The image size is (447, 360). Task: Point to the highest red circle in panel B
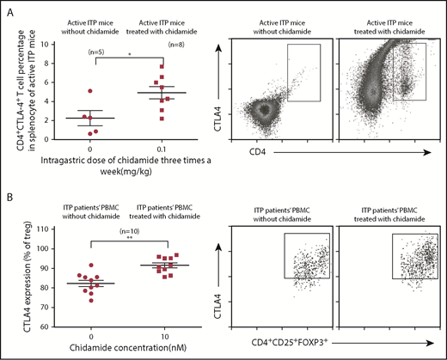(79, 265)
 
